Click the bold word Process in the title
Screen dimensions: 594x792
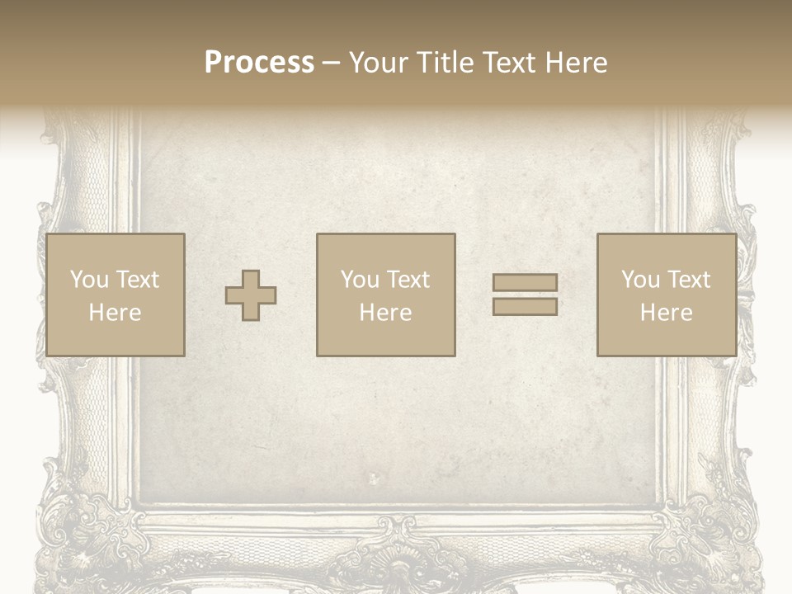click(259, 63)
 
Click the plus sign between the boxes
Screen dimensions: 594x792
click(251, 295)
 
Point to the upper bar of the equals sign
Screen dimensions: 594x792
click(525, 283)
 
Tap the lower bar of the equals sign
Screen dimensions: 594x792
click(525, 306)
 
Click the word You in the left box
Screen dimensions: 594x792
click(88, 280)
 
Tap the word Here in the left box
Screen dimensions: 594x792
click(115, 313)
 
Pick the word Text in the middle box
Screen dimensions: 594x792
click(408, 280)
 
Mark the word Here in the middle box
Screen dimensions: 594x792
click(385, 313)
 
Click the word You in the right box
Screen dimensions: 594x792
click(639, 280)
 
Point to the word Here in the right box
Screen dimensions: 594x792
click(666, 313)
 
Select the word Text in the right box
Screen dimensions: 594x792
click(688, 280)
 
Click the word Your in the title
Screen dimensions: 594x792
click(379, 63)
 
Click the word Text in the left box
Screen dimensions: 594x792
click(137, 280)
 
